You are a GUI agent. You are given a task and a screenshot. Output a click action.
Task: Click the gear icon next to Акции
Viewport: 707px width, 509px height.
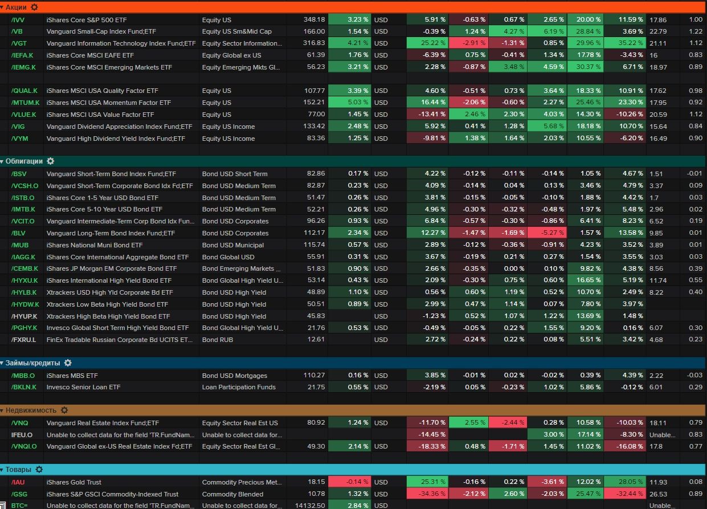coord(34,7)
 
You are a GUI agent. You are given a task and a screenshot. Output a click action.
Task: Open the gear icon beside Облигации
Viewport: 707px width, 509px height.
coord(51,161)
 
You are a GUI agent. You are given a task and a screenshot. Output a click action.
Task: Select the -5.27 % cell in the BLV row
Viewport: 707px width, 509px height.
coord(547,233)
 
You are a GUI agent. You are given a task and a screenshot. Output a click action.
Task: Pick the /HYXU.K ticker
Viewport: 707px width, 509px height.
coord(24,280)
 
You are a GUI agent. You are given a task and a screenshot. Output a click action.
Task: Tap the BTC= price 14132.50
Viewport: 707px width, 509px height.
coord(310,506)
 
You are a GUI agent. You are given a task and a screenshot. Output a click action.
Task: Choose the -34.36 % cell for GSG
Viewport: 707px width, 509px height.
coord(427,494)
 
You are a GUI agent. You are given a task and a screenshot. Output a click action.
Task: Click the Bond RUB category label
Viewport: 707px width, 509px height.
coord(218,340)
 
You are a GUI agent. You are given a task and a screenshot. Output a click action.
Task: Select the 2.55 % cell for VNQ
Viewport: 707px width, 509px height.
coord(468,423)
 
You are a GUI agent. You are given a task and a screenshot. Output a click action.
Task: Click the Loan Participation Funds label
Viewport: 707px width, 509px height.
coord(239,387)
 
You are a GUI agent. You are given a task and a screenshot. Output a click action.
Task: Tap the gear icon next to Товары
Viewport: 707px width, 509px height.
coord(39,470)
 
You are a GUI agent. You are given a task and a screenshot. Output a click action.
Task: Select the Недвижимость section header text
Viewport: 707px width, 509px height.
coord(31,410)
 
